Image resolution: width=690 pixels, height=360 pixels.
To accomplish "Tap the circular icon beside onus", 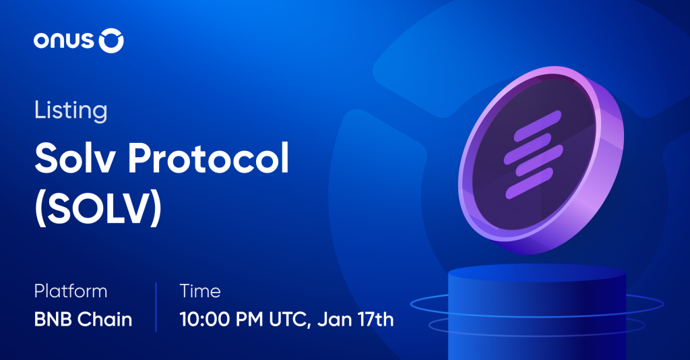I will pyautogui.click(x=111, y=41).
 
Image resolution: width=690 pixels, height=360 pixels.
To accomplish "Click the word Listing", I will pyautogui.click(x=71, y=111).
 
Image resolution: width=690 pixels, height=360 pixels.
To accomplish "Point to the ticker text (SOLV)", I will pyautogui.click(x=98, y=209).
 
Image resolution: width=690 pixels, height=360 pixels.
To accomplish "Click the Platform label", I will pyautogui.click(x=71, y=291).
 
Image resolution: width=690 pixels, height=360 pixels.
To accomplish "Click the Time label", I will pyautogui.click(x=200, y=291).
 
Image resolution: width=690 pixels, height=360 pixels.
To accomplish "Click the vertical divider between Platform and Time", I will pyautogui.click(x=156, y=306).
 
